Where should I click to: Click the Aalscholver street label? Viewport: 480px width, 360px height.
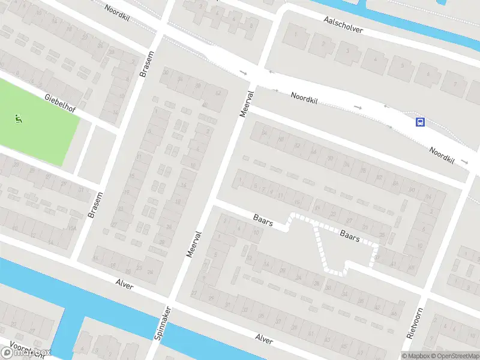(x=343, y=28)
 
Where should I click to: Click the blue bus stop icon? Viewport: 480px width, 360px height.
(x=420, y=122)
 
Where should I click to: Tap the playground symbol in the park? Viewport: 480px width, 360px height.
(x=18, y=119)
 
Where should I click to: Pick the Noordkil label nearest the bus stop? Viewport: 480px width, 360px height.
(x=442, y=155)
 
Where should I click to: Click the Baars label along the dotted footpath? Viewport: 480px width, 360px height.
(x=349, y=235)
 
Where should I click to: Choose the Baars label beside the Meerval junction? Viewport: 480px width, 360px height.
(x=263, y=220)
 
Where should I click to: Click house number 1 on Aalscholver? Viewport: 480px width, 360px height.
(x=295, y=34)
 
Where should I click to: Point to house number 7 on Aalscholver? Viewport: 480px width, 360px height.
(x=455, y=83)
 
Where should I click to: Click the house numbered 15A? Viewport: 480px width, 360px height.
(x=72, y=229)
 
